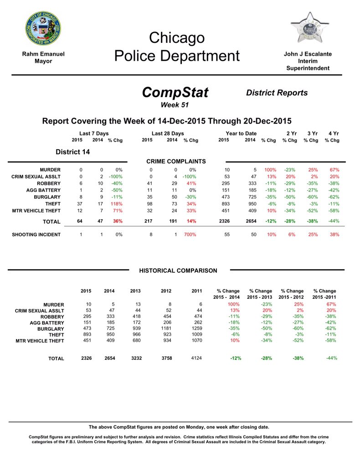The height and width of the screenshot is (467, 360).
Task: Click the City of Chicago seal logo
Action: coord(43,29)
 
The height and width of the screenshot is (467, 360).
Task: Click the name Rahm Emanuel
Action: coord(43,54)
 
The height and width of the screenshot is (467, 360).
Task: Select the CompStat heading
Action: coord(175,93)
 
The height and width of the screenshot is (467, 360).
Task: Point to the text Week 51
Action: coord(175,105)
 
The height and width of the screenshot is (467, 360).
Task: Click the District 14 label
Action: coord(72,152)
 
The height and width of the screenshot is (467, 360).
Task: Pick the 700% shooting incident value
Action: coord(190,234)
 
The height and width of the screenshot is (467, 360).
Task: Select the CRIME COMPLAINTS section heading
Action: coord(176,161)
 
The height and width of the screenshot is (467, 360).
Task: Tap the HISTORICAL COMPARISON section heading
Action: coord(178,271)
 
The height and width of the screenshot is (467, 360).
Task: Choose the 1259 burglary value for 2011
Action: coord(197,328)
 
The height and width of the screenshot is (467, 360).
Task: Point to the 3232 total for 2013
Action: coord(136,358)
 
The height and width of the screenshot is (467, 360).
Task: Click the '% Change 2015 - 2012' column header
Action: coord(292,294)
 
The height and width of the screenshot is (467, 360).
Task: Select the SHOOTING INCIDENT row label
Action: coord(36,234)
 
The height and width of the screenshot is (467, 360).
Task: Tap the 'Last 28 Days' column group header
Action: coord(168,133)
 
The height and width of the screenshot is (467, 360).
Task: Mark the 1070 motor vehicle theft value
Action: coord(197,340)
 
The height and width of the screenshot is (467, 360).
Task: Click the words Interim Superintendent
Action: coord(308,64)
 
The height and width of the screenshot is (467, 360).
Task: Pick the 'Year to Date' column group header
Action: coord(241,133)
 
